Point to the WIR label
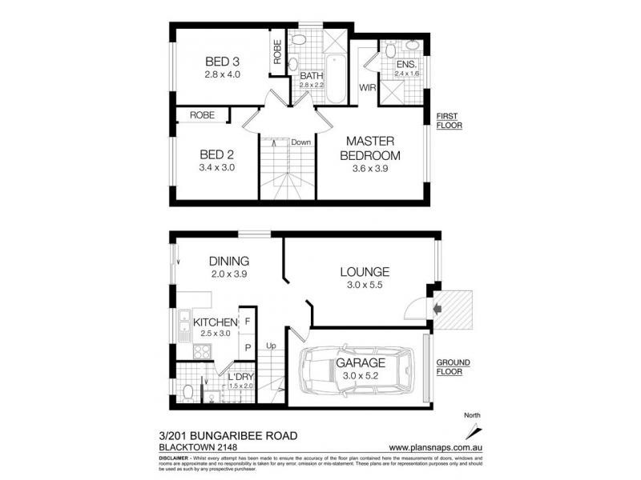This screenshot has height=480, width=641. [x=368, y=86]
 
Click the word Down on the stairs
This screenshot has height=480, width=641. [x=300, y=142]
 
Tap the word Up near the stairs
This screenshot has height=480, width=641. [x=271, y=346]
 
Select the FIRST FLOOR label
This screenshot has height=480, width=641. [x=450, y=120]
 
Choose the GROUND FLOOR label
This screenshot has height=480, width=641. [x=454, y=366]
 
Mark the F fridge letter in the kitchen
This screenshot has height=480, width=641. [x=247, y=321]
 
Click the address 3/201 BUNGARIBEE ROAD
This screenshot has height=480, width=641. [x=229, y=435]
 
